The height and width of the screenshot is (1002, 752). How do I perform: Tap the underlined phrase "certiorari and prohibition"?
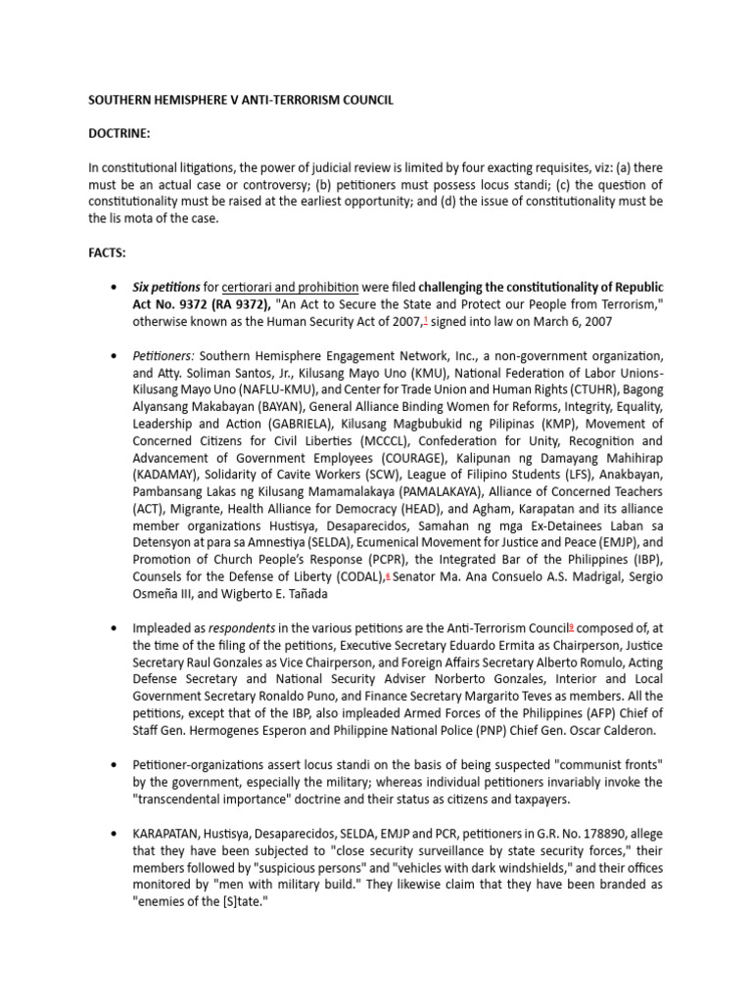(x=290, y=287)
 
